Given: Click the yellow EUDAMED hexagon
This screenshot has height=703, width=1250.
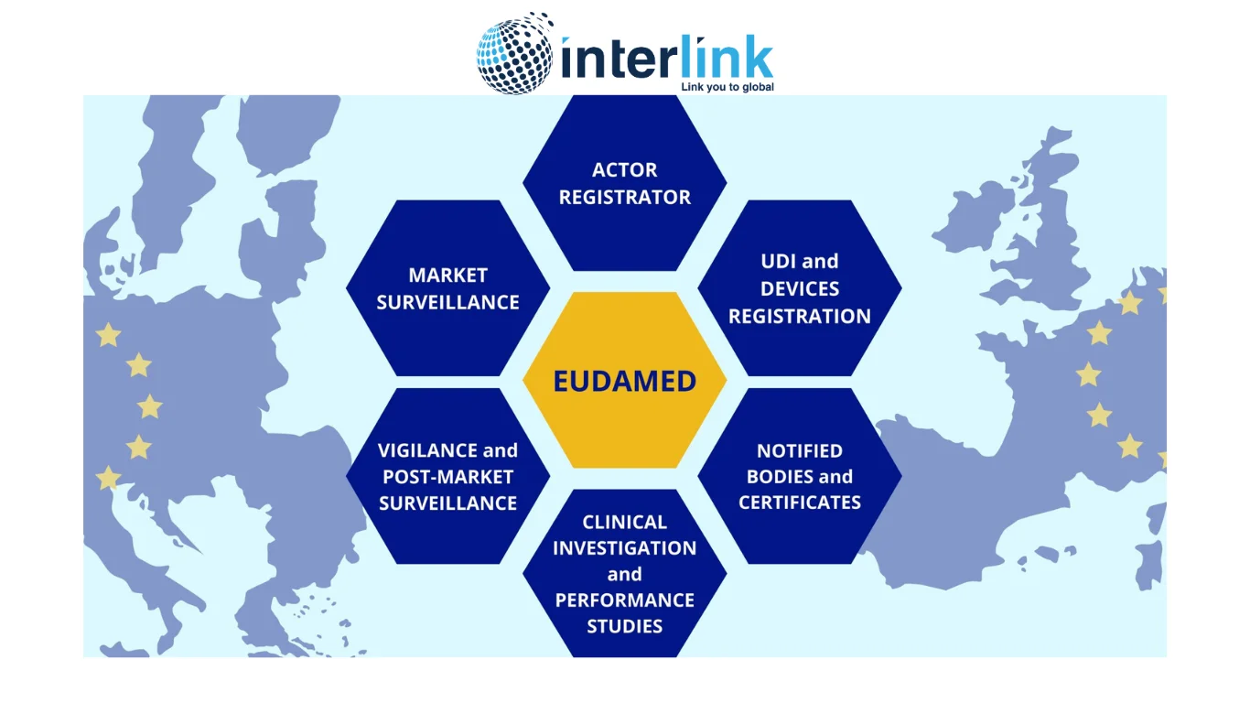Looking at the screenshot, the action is point(624,380).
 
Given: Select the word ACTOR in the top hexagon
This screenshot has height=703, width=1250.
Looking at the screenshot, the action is point(624,169).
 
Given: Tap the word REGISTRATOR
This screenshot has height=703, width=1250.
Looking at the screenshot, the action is point(624,197).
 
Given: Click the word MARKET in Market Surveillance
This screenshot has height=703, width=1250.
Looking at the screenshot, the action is point(448,275).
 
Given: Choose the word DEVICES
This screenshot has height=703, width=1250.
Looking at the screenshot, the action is point(800,288).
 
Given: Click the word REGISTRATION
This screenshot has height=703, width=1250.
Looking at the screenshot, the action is point(800,316).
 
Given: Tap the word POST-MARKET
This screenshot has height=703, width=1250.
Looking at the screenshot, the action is point(448,477).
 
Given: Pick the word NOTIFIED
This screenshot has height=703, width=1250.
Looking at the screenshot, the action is point(800,450).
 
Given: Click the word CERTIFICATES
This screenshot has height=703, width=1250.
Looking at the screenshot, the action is point(800,503).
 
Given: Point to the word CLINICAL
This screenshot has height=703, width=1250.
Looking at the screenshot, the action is point(624,522).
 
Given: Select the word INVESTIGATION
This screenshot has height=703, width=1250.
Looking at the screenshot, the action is point(624,547).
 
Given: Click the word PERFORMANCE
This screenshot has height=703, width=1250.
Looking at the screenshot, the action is point(624,600).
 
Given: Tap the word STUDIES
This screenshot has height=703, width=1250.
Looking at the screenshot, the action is point(624,626).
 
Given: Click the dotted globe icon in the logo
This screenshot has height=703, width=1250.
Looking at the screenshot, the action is point(515,54).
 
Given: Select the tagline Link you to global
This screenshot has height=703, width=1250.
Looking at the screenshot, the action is point(727,87).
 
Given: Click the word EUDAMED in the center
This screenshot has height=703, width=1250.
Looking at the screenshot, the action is point(624,381).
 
